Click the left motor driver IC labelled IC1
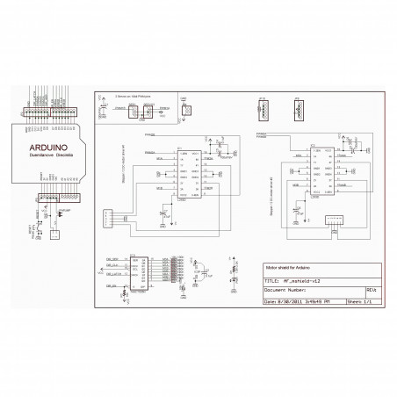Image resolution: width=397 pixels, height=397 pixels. coord(190,170)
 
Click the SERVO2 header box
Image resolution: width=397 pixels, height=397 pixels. coord(150,112)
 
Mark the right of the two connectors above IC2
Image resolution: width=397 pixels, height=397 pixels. coord(300,110)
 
